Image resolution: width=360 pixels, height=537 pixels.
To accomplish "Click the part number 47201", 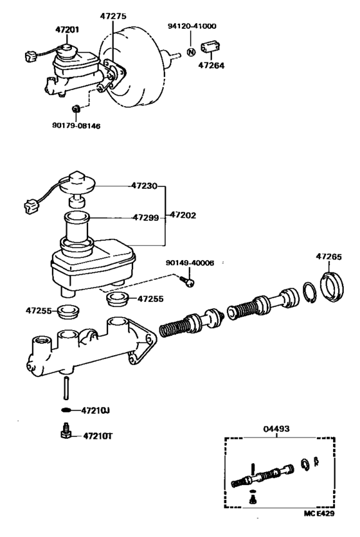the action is pos(67,30).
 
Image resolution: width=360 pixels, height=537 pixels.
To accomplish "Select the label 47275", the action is pos(113,16).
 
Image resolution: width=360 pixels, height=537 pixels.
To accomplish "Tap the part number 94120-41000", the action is pos(192,26).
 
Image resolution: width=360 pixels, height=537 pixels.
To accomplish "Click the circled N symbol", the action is pos(191,53).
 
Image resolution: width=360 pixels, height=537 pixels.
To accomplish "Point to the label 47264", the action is pos(212,65).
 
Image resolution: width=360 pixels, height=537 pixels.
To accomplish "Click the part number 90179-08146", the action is pos(76,126).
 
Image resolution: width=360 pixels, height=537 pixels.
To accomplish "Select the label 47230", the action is pos(145,186).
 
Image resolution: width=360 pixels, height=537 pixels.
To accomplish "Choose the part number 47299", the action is pos(146,218).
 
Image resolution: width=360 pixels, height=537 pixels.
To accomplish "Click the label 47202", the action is pos(183,215).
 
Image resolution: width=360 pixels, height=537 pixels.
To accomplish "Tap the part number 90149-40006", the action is pos(190,263).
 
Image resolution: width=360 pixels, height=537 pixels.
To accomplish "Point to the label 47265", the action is pos(328,256).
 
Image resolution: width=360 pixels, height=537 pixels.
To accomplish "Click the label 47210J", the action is pos(95,410).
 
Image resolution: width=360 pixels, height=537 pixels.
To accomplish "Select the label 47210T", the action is pos(98,436).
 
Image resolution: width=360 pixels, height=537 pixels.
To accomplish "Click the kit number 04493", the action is pos(276,428).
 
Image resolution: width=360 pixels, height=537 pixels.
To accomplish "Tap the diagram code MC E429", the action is pos(319,513).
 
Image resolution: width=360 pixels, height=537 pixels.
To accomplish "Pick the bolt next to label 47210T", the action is pos(65,431).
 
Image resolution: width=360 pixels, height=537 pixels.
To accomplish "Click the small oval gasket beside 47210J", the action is pos(66,410).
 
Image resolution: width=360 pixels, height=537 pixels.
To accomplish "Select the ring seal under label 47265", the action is pos(332,288).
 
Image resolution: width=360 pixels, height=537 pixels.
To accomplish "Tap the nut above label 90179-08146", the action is pos(76,109).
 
